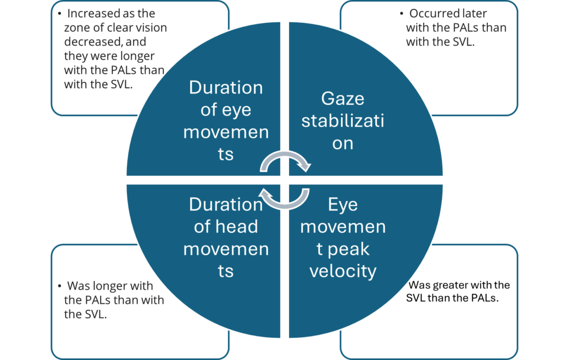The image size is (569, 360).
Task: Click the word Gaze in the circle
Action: (x=342, y=99)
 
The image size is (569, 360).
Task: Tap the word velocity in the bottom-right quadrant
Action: (x=342, y=271)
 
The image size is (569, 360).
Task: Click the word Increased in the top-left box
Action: (x=91, y=13)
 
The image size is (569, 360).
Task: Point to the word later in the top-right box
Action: (x=475, y=13)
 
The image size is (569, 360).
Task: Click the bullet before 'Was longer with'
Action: (x=59, y=287)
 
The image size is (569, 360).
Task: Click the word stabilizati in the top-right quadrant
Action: (x=342, y=121)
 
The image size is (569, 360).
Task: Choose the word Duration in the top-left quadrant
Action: (x=226, y=88)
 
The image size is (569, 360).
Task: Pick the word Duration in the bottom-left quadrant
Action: (x=226, y=204)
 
